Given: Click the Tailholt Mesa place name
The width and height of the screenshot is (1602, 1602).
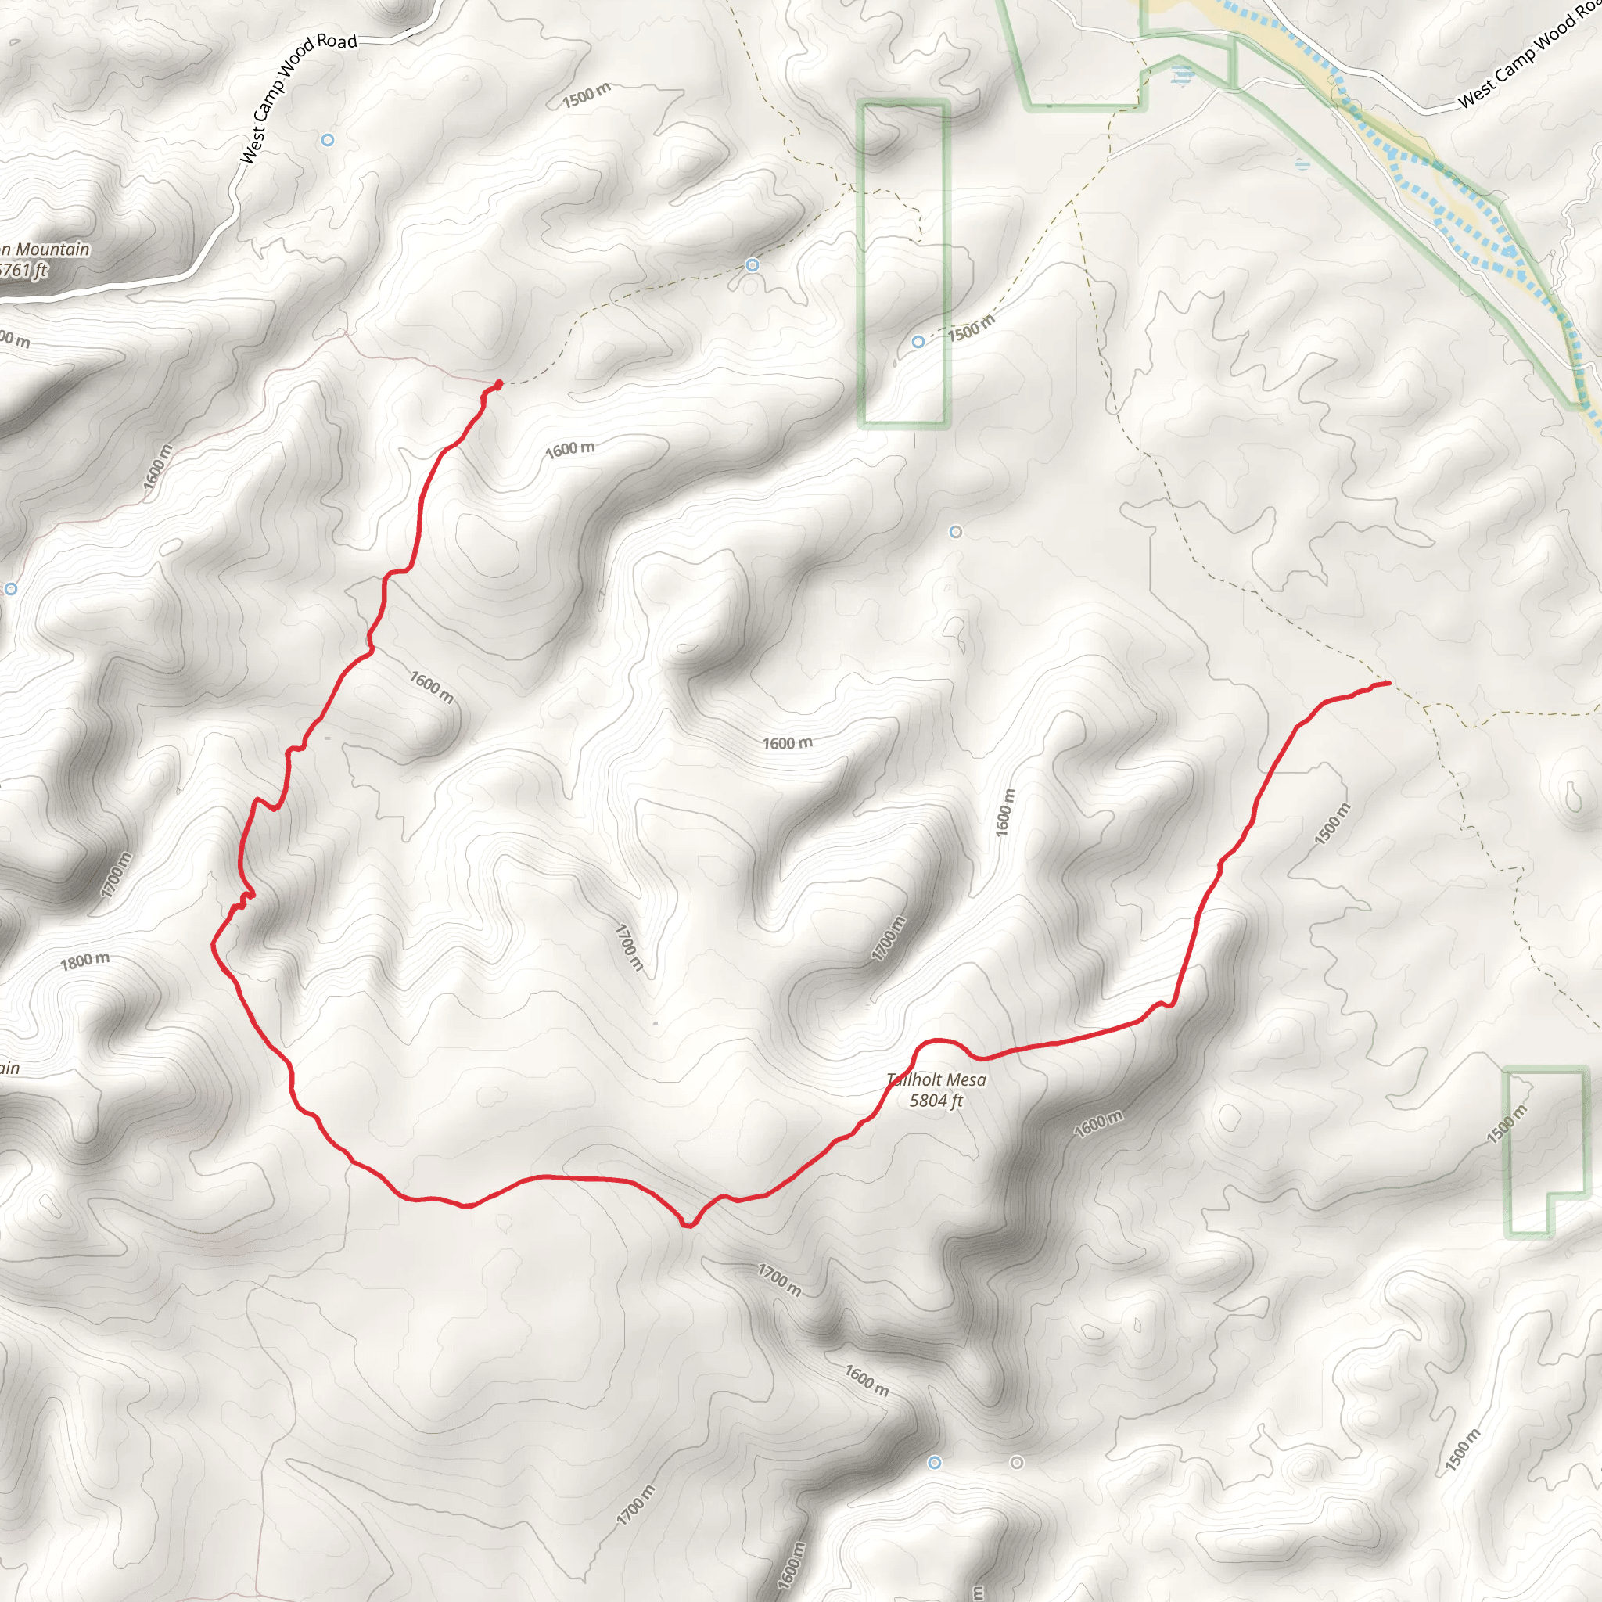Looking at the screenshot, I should pyautogui.click(x=936, y=1079).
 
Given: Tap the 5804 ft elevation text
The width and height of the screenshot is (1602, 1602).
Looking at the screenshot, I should pyautogui.click(x=936, y=1101).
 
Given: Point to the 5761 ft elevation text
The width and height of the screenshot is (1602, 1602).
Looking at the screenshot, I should pyautogui.click(x=23, y=271).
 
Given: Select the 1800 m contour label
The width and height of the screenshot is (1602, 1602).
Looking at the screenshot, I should pyautogui.click(x=84, y=961).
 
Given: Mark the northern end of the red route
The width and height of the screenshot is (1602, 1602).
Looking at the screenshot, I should pyautogui.click(x=498, y=384).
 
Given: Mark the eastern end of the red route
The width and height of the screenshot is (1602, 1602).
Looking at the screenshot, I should pyautogui.click(x=1389, y=683).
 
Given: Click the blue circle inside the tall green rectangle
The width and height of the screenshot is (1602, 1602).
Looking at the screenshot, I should pyautogui.click(x=918, y=342).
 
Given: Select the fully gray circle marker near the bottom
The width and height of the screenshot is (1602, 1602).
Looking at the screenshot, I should pyautogui.click(x=1017, y=1463).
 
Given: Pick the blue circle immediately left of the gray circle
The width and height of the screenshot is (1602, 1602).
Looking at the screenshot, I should pyautogui.click(x=935, y=1462).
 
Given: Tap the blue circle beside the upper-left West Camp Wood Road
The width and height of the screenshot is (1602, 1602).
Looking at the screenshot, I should pyautogui.click(x=328, y=140).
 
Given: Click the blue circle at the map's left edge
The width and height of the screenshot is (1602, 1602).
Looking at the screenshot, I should pyautogui.click(x=11, y=589).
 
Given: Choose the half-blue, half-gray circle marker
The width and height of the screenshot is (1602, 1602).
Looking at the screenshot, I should pyautogui.click(x=955, y=531).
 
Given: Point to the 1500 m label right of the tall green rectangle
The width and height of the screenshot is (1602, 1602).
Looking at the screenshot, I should pyautogui.click(x=971, y=329).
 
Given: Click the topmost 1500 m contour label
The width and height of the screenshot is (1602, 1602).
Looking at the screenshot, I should pyautogui.click(x=586, y=95).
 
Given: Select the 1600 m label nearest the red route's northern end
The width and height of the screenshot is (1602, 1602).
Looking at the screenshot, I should pyautogui.click(x=569, y=450).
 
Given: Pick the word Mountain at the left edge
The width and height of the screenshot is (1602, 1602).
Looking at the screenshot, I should pyautogui.click(x=52, y=250).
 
